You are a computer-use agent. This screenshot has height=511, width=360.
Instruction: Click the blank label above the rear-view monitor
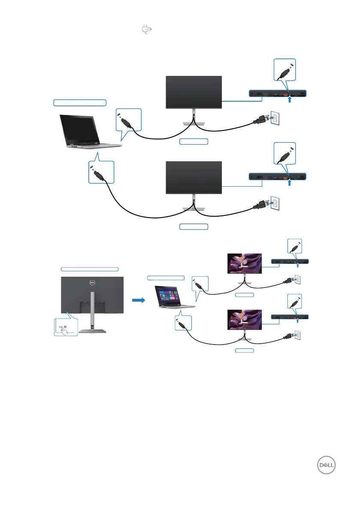pos(89,269)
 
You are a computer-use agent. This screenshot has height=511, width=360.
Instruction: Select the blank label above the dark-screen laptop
pos(80,102)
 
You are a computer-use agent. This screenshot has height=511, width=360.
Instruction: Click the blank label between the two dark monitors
pos(194,141)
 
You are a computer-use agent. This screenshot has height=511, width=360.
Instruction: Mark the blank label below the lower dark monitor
pos(194,226)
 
